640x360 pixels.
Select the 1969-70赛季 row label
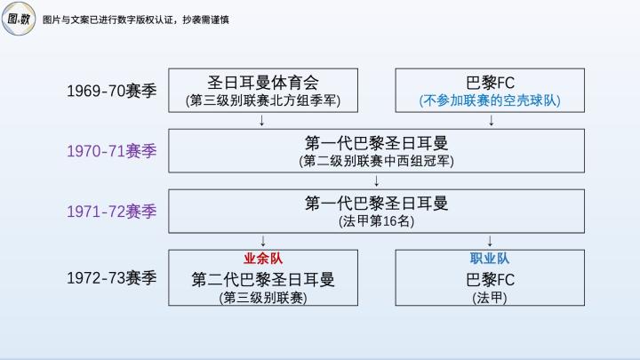pos(111,91)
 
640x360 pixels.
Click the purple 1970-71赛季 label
pos(111,151)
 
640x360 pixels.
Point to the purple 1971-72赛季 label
pos(111,212)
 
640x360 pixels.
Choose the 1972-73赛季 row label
pos(111,278)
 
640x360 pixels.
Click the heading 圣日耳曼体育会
pos(263,82)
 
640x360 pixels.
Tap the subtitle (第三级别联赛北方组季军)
pos(263,100)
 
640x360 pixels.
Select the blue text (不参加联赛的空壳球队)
pos(490,100)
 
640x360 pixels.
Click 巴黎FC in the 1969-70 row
pos(490,82)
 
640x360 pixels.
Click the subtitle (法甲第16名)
pos(376,221)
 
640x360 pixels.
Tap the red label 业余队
pos(263,258)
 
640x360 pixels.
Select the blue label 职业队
pos(490,258)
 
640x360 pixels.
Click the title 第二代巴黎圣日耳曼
pos(263,279)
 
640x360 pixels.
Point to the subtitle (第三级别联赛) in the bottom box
pos(263,298)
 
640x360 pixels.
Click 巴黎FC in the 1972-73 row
pos(490,279)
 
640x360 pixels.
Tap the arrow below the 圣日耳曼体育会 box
pos(263,121)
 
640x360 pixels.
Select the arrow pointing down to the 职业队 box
pos(490,241)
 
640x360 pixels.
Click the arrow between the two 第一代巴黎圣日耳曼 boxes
pos(377,180)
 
